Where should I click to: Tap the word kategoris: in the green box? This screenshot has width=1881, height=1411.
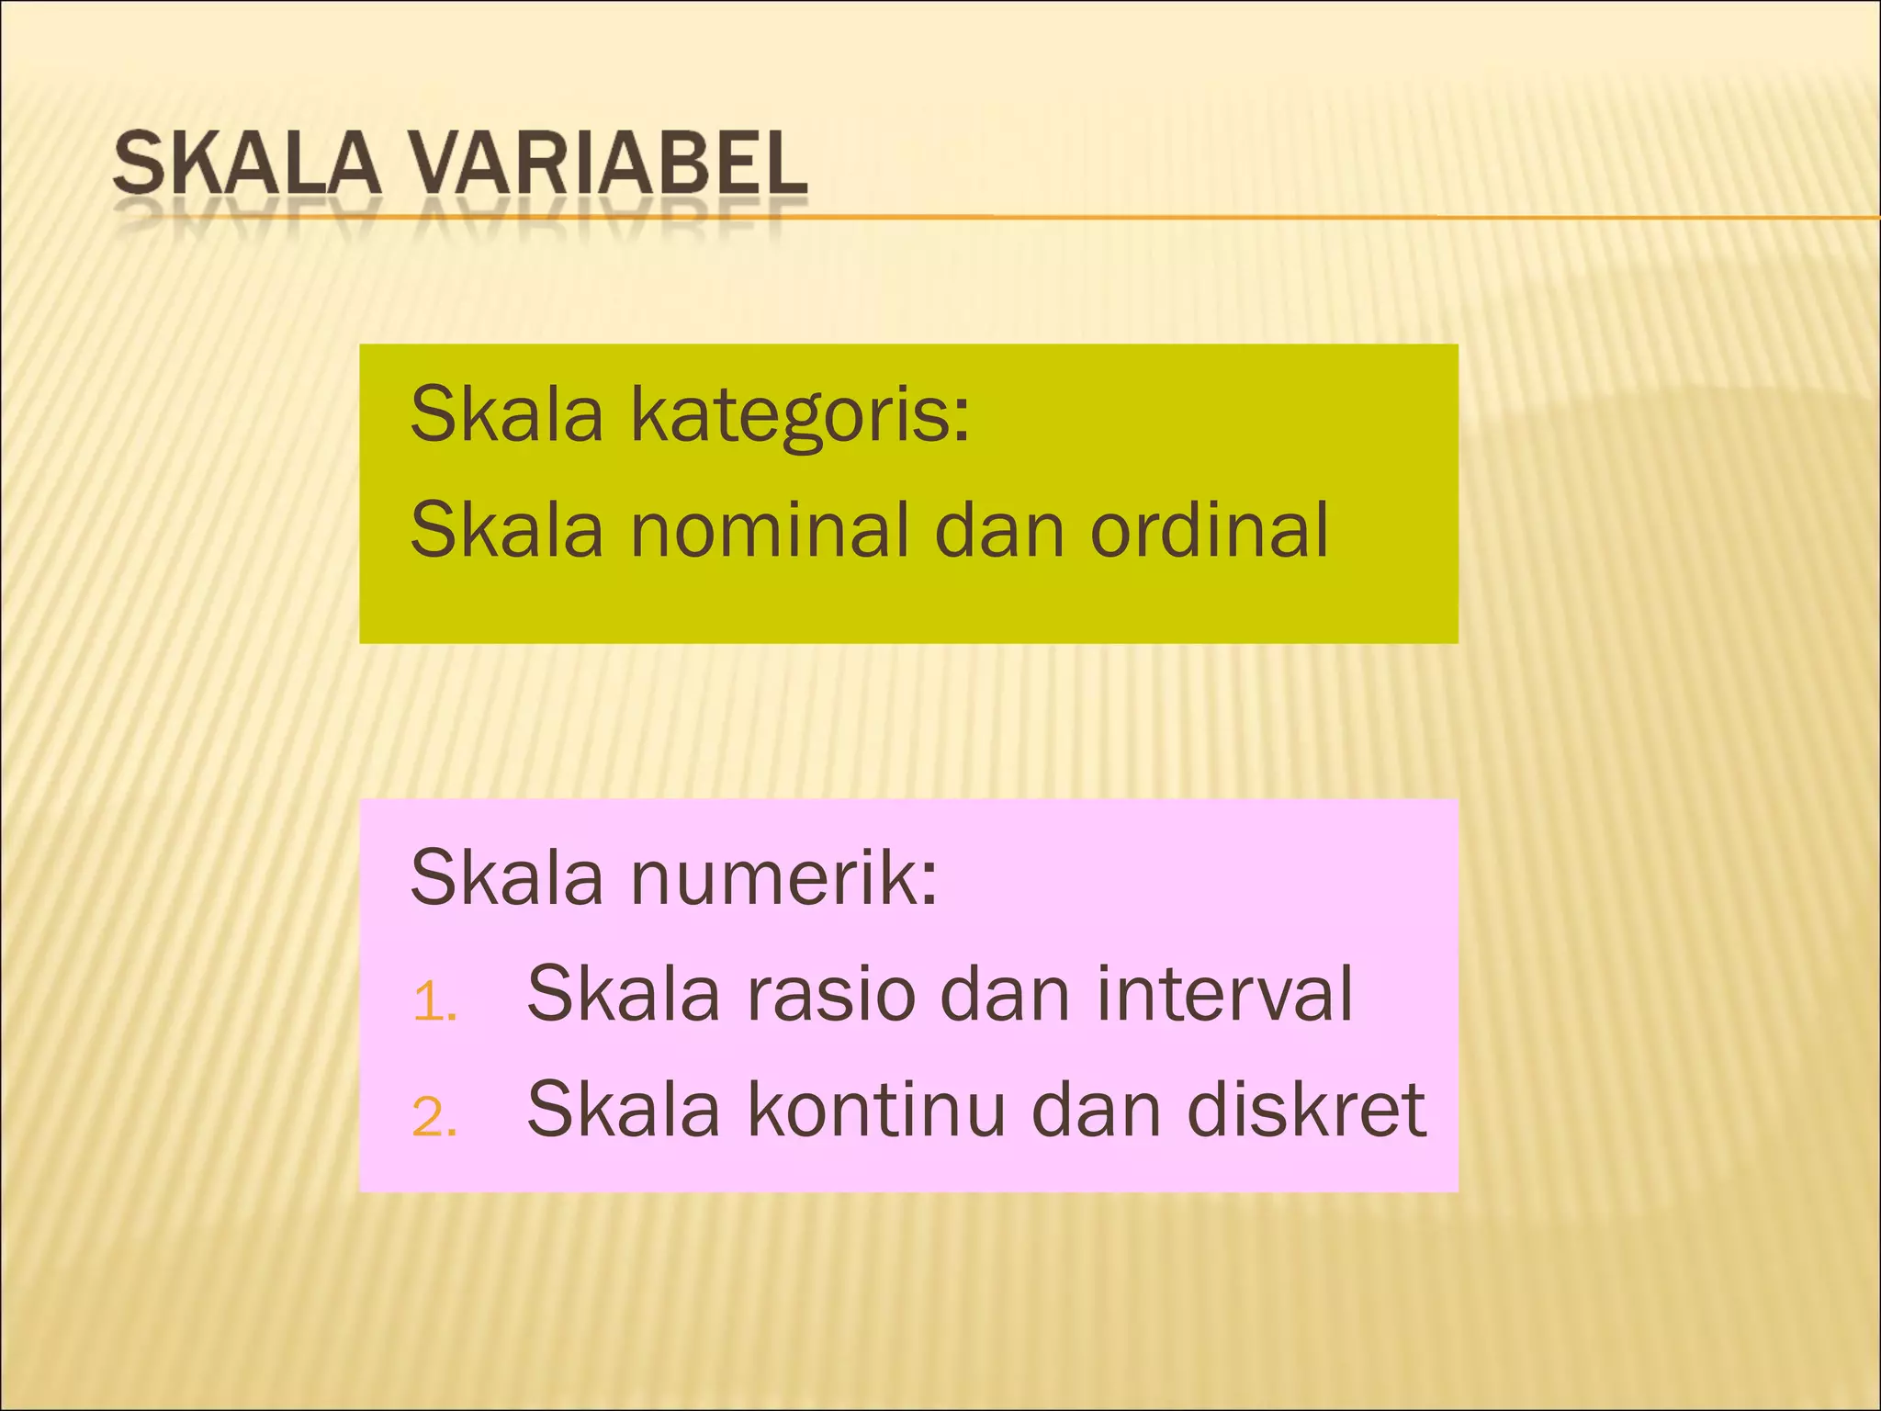799,416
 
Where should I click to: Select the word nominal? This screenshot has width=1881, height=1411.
770,530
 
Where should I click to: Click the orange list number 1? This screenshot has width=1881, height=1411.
434,1001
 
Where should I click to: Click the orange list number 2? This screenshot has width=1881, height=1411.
434,1118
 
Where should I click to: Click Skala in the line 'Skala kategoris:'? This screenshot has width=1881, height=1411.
506,414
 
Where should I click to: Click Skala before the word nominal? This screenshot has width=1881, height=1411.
506,530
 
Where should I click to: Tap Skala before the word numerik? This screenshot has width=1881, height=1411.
506,878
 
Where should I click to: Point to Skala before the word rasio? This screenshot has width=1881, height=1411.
623,994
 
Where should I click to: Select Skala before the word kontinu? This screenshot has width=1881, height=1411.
623,1110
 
